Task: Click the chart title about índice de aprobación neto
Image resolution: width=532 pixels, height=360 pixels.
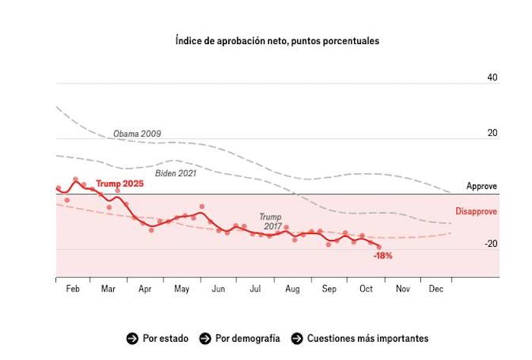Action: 277,41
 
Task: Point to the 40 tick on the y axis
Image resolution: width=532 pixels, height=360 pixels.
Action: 492,77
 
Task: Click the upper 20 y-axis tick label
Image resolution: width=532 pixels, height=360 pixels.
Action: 492,133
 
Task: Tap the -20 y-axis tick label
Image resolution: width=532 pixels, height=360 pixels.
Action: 491,244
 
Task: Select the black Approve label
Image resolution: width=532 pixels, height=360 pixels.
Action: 482,186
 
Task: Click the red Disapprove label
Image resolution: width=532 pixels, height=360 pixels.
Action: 477,212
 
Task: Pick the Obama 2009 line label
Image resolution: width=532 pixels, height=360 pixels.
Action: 137,134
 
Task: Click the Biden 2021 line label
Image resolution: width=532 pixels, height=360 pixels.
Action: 176,173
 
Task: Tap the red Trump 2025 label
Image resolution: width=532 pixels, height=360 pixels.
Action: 119,184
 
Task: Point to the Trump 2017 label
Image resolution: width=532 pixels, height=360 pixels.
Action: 271,221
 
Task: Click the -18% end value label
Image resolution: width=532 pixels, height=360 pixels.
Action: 383,256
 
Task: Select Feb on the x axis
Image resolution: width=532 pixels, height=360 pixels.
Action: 73,289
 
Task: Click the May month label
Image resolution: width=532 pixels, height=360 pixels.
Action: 182,289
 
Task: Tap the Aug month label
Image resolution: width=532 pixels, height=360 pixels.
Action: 292,289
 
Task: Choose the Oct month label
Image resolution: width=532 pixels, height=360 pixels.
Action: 366,289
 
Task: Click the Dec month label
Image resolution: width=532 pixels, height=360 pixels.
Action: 436,289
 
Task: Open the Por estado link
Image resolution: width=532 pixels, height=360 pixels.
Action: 164,338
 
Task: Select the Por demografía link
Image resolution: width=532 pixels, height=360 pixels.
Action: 248,338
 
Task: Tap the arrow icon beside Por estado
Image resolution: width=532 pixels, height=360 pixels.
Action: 132,338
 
